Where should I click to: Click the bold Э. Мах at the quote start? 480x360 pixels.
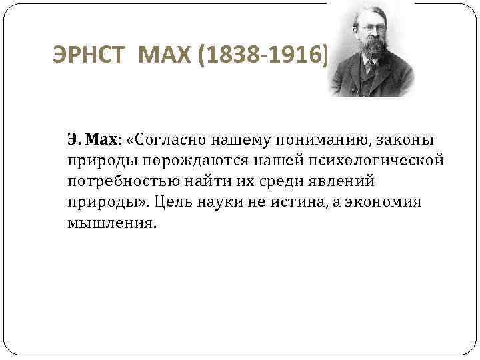click(92, 141)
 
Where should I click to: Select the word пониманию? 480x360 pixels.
click(321, 141)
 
